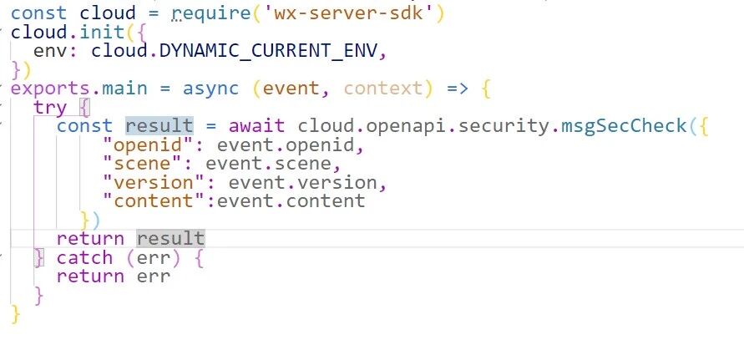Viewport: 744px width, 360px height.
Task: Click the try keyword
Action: click(x=50, y=108)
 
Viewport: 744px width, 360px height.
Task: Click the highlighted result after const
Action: click(x=159, y=126)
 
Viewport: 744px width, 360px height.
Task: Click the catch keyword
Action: click(x=85, y=258)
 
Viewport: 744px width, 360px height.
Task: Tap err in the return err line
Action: click(x=153, y=276)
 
